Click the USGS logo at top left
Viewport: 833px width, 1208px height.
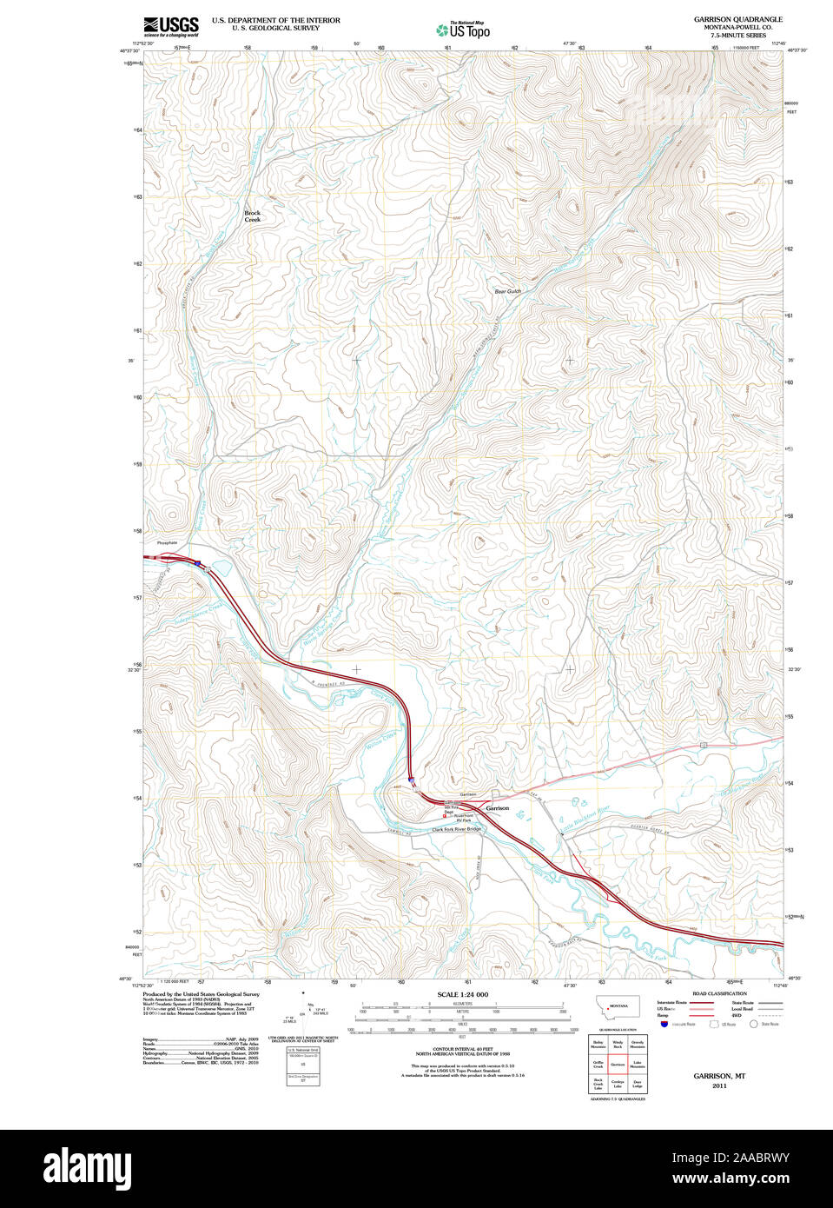[x=170, y=25]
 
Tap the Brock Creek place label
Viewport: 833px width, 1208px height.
[x=252, y=216]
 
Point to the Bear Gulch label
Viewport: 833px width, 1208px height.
[x=507, y=292]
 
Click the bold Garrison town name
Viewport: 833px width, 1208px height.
[x=498, y=808]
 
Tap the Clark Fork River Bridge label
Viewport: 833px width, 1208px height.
[x=456, y=829]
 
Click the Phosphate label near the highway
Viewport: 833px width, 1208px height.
[x=168, y=543]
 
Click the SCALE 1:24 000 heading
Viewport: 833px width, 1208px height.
[x=462, y=994]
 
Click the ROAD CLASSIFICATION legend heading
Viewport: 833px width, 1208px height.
[x=719, y=993]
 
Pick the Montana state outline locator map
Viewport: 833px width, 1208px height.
[x=617, y=1007]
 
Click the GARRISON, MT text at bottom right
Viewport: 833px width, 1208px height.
[x=719, y=1076]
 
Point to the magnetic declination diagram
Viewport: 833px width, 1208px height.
[x=302, y=1012]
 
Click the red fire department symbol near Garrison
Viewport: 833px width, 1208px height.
[x=445, y=816]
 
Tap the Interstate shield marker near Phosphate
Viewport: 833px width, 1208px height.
[x=198, y=563]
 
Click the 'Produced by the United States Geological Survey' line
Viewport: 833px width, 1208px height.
[x=201, y=994]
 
